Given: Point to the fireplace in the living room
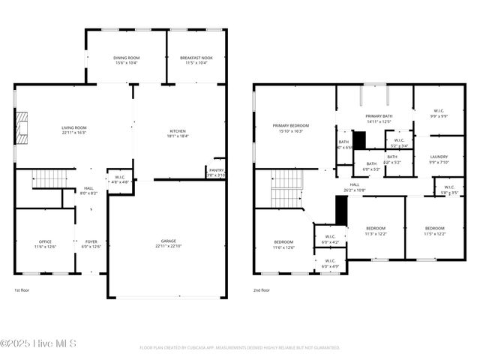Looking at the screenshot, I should coord(22,127).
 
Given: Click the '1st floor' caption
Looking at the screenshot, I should coord(22,289).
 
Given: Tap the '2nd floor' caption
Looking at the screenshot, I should coord(261,289).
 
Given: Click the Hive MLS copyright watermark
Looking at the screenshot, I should coord(38,344).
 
